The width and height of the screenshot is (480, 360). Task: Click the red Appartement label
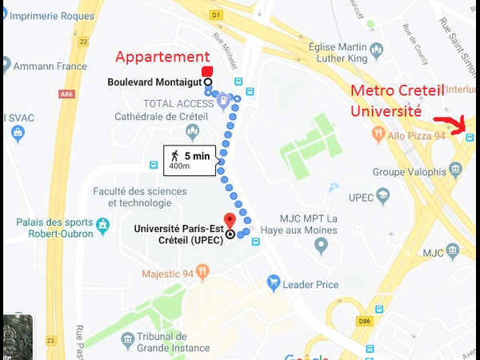tap(162, 58)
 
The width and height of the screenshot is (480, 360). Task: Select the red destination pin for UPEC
tap(230, 221)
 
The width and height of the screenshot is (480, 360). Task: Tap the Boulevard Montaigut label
tap(154, 82)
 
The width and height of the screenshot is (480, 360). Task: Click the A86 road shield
tap(66, 94)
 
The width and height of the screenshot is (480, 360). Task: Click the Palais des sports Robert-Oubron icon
tap(102, 226)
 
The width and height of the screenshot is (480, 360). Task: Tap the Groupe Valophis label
tap(410, 170)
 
